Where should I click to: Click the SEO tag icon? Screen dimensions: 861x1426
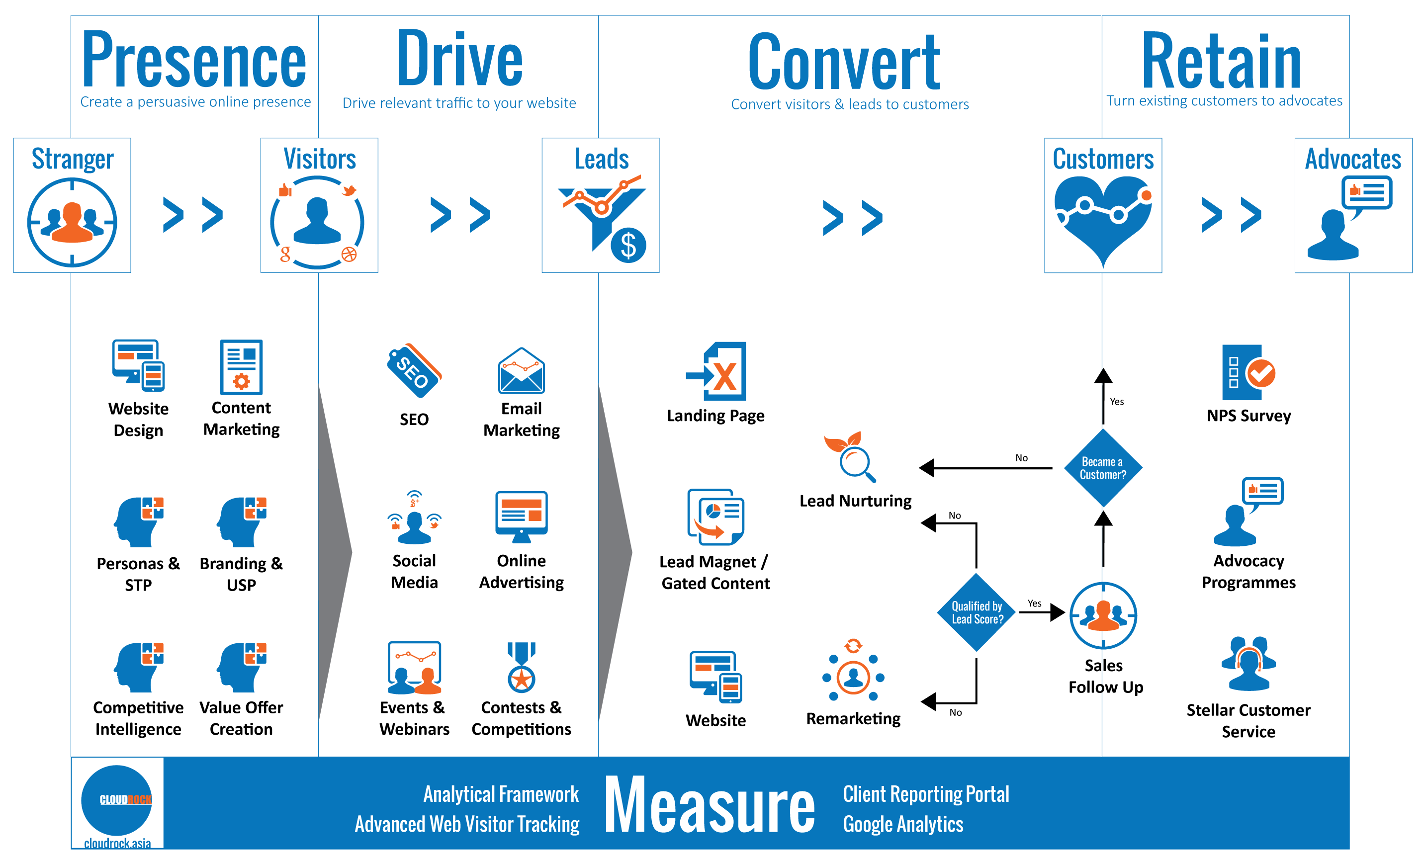pyautogui.click(x=414, y=370)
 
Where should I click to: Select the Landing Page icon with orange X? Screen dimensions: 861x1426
pyautogui.click(x=717, y=371)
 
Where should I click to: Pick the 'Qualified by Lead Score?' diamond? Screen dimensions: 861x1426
pyautogui.click(x=977, y=612)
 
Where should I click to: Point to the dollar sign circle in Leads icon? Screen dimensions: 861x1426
pyautogui.click(x=628, y=246)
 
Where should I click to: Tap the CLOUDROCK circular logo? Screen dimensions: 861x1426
pyautogui.click(x=117, y=800)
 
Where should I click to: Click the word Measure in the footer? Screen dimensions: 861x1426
pyautogui.click(x=710, y=805)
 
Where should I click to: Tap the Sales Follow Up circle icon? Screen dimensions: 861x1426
pyautogui.click(x=1103, y=615)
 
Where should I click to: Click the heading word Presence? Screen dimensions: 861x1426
pyautogui.click(x=194, y=60)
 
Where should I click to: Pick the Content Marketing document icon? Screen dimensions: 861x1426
pyautogui.click(x=241, y=367)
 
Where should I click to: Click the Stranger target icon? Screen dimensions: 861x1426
pyautogui.click(x=72, y=222)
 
